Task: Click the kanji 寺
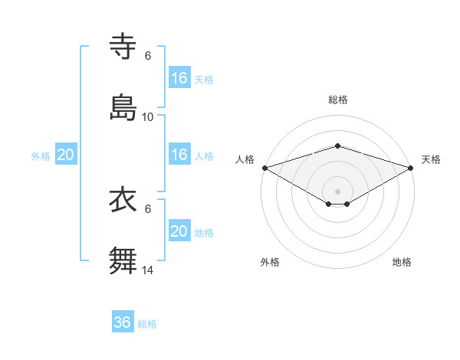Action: [123, 47]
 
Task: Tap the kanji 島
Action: [123, 108]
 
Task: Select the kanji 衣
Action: [123, 200]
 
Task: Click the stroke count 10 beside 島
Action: [148, 117]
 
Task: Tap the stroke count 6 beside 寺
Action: [148, 56]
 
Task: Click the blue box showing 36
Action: [123, 322]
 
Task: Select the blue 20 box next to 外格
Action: [66, 155]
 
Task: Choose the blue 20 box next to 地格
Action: [179, 231]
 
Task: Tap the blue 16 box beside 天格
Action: [179, 78]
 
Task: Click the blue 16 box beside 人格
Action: [179, 155]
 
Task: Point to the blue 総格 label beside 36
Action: [147, 324]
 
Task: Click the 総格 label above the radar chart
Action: [338, 100]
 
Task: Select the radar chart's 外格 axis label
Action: [270, 262]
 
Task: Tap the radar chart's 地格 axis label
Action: [402, 262]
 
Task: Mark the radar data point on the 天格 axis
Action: [412, 167]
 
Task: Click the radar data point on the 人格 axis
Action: [264, 167]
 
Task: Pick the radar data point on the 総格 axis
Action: [337, 146]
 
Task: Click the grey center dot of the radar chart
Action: [337, 191]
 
